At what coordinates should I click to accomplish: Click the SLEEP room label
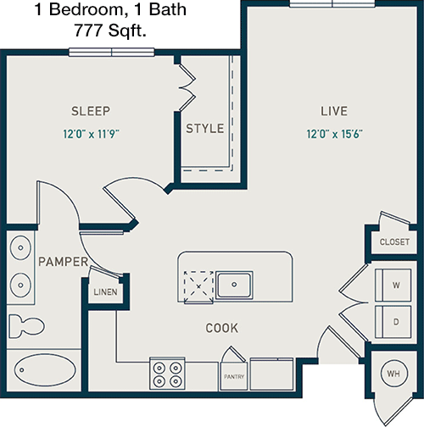pos(91,111)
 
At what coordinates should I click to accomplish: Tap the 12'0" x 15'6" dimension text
pos(334,134)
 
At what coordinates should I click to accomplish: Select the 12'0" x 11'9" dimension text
pos(91,134)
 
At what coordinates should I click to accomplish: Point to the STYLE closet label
pos(205,129)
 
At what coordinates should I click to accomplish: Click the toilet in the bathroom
pos(26,326)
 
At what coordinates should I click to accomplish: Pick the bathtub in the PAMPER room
pos(45,369)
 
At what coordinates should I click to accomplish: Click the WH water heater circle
pos(393,374)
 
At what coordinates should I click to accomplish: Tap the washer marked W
pos(393,285)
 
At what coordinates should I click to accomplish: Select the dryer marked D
pos(393,322)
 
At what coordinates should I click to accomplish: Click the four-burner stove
pos(167,374)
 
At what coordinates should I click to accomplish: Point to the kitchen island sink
pos(234,285)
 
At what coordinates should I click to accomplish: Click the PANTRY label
pos(234,376)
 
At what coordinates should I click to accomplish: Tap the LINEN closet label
pos(105,291)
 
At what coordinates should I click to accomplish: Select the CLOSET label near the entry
pos(394,241)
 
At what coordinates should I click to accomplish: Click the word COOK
pos(222,328)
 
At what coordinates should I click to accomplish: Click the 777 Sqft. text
pos(110,30)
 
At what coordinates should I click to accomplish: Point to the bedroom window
pos(112,53)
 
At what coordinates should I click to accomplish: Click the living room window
pos(332,3)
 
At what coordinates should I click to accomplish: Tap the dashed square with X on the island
pos(198,286)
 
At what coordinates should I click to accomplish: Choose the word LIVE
pos(334,111)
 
